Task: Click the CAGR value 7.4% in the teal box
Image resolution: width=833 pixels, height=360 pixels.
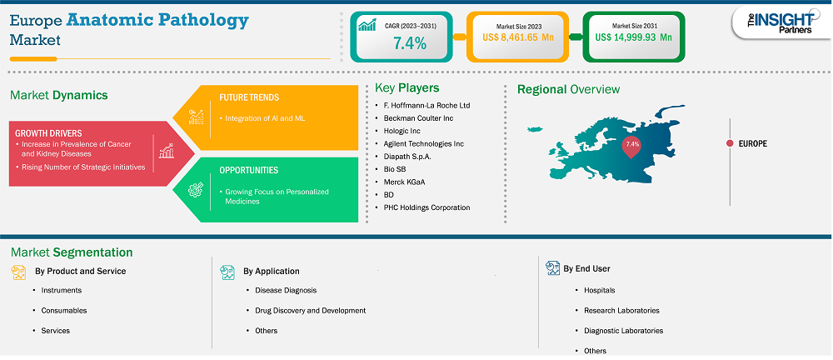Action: point(410,43)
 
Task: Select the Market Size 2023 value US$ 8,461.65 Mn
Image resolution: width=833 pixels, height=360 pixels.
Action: point(517,37)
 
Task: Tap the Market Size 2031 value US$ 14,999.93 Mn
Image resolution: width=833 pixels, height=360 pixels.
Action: point(633,37)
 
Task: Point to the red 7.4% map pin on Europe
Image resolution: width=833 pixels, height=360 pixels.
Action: point(632,147)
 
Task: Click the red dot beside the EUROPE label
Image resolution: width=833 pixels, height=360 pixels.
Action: point(730,143)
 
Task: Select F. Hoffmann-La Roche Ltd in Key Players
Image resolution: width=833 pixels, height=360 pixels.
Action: point(426,105)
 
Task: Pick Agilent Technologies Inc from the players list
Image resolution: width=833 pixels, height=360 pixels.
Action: point(423,143)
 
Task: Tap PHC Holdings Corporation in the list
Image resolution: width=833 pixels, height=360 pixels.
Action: point(426,207)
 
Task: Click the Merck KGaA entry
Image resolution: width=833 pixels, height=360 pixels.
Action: point(404,182)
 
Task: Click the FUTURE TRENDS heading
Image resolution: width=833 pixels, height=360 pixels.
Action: point(249,97)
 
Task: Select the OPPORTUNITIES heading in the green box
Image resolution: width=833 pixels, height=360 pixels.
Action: point(248,171)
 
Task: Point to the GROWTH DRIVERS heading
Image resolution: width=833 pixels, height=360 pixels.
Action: point(48,133)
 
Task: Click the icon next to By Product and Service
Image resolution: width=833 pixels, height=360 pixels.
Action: point(18,272)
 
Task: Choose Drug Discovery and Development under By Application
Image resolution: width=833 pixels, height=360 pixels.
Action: point(310,311)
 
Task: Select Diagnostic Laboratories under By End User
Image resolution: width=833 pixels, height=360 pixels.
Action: point(624,331)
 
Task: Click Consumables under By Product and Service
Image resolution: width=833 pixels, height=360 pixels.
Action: point(64,311)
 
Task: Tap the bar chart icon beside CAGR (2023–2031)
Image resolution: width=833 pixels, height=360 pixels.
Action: point(367,25)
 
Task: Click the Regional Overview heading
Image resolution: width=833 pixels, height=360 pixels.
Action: point(568,89)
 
